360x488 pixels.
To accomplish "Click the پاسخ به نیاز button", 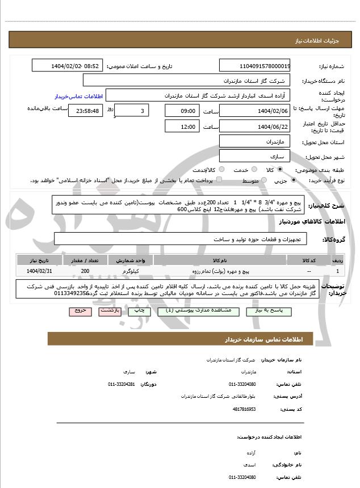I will (x=273, y=312).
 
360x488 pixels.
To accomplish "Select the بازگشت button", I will (x=110, y=312).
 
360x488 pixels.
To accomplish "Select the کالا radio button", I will (x=279, y=170).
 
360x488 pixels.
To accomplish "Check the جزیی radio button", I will (x=294, y=180).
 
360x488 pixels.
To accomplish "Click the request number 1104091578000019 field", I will (x=254, y=66).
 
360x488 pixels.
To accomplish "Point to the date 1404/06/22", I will (x=254, y=127).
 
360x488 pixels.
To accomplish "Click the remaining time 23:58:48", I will (x=86, y=111).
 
